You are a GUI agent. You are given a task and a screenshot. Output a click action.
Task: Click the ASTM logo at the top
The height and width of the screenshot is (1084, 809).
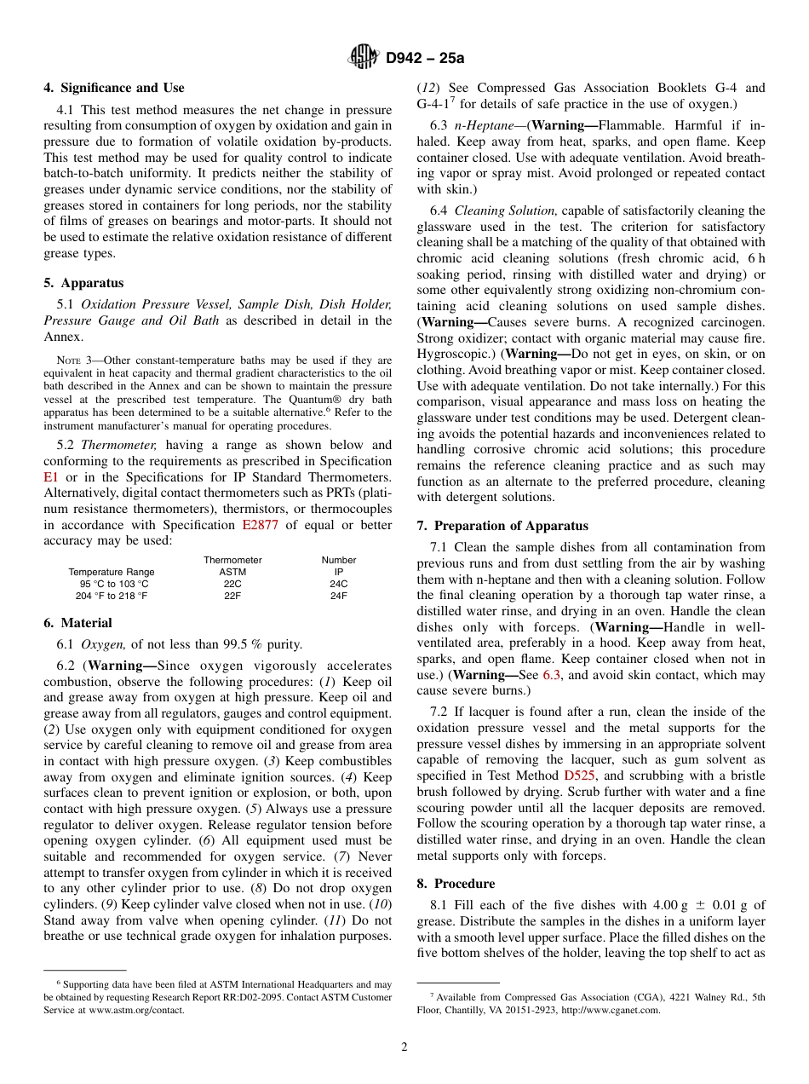(364, 58)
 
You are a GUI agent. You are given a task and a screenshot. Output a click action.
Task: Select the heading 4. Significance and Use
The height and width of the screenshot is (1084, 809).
(114, 88)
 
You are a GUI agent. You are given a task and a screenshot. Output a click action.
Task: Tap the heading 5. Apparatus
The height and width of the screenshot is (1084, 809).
(83, 283)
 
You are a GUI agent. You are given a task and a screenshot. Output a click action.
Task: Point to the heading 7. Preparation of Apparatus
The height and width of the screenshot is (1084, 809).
(502, 526)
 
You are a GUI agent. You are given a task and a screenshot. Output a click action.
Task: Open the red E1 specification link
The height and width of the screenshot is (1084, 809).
(50, 477)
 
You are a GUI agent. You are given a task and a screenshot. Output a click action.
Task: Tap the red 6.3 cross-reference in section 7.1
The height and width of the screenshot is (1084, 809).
(553, 675)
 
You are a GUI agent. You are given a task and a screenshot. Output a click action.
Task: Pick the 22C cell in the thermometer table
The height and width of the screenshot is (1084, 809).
(232, 584)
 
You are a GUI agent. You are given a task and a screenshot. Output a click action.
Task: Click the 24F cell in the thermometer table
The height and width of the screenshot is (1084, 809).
(338, 596)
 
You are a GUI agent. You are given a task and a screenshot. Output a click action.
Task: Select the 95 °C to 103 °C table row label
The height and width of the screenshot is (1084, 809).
(114, 584)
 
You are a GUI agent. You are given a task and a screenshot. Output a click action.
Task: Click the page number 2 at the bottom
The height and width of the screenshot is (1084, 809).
(404, 1047)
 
